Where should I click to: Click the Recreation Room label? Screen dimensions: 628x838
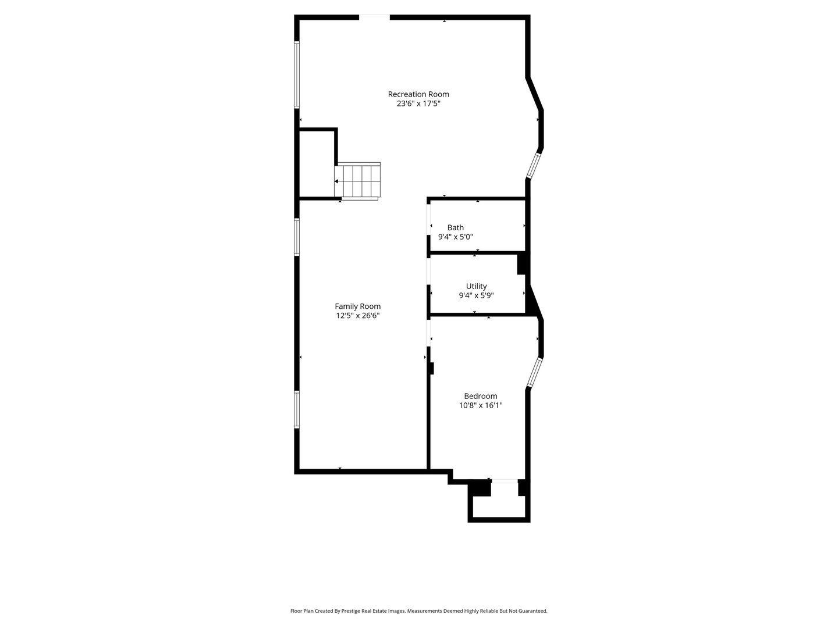click(418, 94)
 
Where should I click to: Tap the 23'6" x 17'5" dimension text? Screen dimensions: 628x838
click(418, 104)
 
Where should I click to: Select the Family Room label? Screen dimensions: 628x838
click(357, 306)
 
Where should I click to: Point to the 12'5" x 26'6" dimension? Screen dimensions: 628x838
click(357, 316)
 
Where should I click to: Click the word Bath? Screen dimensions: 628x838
click(456, 227)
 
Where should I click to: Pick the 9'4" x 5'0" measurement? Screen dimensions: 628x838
click(456, 237)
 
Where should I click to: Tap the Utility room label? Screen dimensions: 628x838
click(476, 286)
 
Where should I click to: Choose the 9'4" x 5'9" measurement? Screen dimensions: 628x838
click(476, 295)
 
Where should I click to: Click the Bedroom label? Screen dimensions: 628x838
click(480, 396)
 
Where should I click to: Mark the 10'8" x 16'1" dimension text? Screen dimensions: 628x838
click(480, 405)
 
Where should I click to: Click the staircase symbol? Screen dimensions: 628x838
click(358, 181)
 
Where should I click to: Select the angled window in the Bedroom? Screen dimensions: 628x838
click(534, 372)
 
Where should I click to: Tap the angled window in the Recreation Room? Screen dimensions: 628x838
click(534, 165)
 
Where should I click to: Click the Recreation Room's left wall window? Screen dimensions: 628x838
click(297, 74)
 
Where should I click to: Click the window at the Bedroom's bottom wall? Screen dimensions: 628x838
click(504, 481)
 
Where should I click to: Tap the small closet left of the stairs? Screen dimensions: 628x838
click(317, 164)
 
